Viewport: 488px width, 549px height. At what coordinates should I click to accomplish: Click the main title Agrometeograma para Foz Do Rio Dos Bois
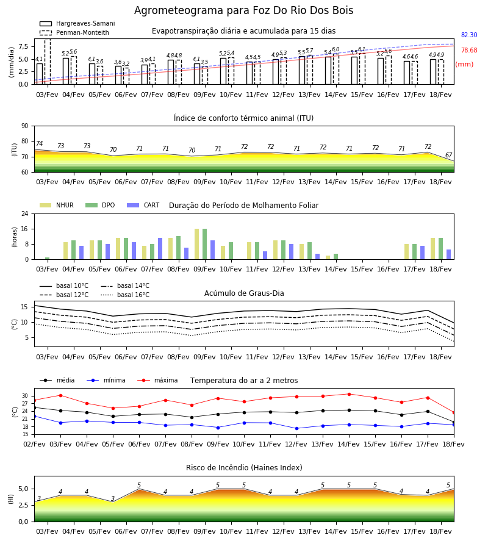coord(243,10)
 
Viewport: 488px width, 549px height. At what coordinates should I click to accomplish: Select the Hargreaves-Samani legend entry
coord(77,23)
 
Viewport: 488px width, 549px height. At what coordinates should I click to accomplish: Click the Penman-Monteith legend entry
coord(74,32)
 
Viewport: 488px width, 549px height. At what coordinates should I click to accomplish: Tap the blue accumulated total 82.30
coord(469,35)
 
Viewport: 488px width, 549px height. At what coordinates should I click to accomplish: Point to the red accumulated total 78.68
coord(469,50)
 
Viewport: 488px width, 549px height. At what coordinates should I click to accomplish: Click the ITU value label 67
coord(448,155)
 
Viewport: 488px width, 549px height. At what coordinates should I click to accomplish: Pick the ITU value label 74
coord(39,143)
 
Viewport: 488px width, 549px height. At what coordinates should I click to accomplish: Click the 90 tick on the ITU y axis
coord(25,126)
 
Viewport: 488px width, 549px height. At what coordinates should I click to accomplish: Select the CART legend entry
coord(143,205)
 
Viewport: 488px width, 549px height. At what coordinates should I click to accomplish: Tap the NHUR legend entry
coord(57,205)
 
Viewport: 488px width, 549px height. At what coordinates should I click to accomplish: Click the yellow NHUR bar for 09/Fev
coord(197,244)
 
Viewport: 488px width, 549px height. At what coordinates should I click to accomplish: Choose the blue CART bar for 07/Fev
coord(160,249)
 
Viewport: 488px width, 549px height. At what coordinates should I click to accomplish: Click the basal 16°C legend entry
coord(125,295)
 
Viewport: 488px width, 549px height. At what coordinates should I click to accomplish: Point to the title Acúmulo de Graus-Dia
coord(244,293)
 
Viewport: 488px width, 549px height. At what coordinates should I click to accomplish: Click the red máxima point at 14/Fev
coord(349,394)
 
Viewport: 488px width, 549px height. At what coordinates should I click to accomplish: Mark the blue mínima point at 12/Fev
coord(296,428)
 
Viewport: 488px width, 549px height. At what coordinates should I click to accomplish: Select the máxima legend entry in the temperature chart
coord(157,380)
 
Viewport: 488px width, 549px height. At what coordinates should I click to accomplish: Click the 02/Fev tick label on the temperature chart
coord(34,444)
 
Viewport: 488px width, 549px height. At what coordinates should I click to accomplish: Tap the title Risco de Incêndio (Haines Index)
coord(244,468)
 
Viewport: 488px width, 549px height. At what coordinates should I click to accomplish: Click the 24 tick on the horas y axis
coord(25,213)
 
